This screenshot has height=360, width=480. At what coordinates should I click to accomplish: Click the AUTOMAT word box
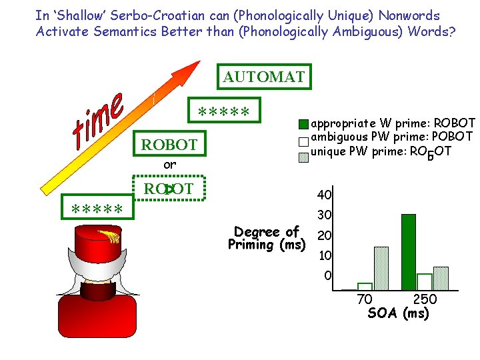click(264, 77)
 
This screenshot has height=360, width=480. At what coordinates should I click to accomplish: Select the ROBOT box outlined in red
click(169, 145)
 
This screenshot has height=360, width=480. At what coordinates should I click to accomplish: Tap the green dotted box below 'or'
click(170, 189)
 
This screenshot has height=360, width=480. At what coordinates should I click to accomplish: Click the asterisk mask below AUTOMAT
click(224, 111)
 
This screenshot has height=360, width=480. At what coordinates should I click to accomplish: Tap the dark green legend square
click(303, 125)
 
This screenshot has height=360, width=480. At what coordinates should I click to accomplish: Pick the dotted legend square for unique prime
click(303, 156)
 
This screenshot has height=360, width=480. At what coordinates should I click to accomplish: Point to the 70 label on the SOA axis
click(365, 300)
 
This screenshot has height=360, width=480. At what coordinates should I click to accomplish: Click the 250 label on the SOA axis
click(425, 300)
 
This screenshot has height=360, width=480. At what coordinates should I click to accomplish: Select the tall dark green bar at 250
click(409, 252)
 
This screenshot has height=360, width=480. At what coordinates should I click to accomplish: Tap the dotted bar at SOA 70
click(381, 269)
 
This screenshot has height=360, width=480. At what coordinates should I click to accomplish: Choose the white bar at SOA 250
click(425, 282)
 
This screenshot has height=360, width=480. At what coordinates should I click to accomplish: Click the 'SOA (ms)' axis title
click(398, 314)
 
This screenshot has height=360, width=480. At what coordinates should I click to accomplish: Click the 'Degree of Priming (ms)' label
click(266, 239)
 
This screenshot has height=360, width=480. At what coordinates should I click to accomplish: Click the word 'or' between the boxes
click(170, 165)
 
